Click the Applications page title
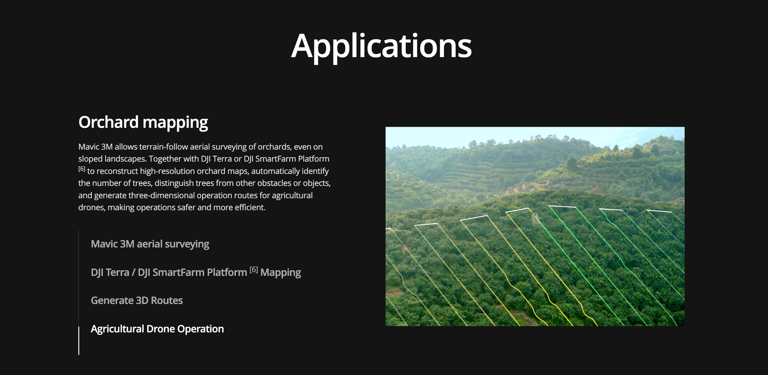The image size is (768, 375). coord(381,46)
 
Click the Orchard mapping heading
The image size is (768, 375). coord(143,123)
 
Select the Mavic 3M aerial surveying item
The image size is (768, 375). coord(150,244)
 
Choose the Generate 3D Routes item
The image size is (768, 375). coord(137,300)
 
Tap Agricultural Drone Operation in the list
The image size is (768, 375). coord(157,329)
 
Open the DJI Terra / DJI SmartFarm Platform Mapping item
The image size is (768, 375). coord(196,272)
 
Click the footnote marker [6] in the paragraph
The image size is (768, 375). coord(82,169)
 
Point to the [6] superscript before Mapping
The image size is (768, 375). coord(254,270)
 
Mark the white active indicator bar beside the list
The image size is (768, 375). coord(79,340)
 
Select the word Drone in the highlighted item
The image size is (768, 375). coord(160,329)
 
